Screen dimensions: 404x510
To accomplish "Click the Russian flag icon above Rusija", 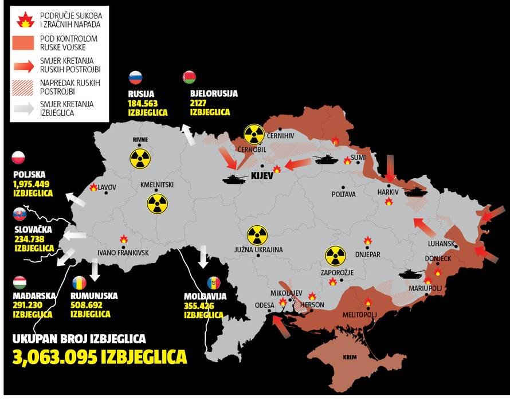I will coord(135,78).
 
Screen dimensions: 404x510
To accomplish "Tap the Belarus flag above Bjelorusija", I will coord(189,77).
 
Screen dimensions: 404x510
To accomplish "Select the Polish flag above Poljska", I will coord(19,158).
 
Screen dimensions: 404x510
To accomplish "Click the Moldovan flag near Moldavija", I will coord(213,283).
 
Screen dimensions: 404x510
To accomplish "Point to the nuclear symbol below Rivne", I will coord(139,159).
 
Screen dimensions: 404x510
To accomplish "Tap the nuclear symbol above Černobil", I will coord(254,134).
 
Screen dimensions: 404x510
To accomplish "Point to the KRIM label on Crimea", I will coord(350,358).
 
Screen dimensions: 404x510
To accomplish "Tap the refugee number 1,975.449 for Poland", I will coord(31,185).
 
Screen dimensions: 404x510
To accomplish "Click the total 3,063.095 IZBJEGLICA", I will coord(100,356).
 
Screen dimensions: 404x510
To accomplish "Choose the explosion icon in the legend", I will coord(25,21).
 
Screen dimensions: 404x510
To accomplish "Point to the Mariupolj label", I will coord(426,288).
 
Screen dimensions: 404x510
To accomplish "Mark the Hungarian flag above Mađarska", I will coord(19,283).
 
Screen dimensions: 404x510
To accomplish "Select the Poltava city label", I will coord(344,195).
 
